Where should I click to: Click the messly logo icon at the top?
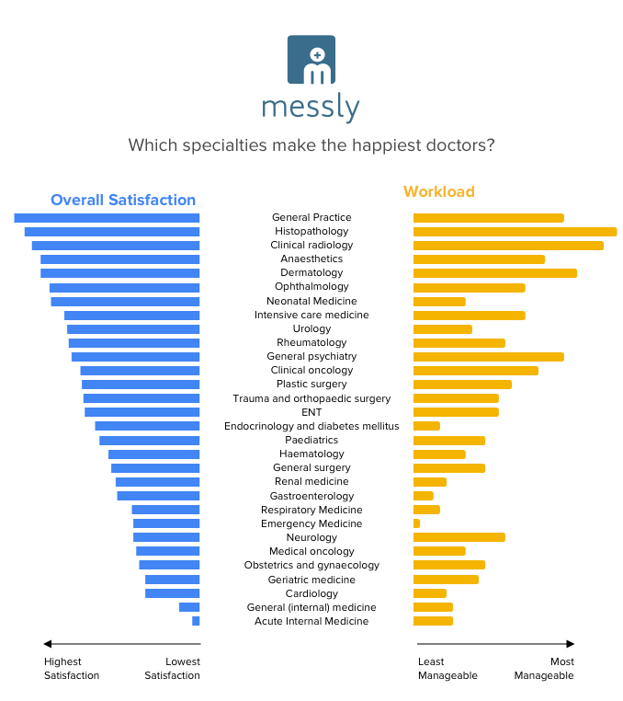point(311,61)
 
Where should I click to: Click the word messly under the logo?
point(311,109)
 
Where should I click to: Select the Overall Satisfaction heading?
point(123,200)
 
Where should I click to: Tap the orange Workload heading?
point(439,191)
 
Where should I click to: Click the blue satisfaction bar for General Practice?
point(107,218)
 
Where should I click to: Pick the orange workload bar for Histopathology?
point(515,232)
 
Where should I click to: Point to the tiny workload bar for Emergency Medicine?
point(416,523)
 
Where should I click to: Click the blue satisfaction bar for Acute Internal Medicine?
point(196,621)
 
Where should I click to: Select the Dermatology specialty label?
point(311,273)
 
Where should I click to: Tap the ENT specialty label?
point(311,412)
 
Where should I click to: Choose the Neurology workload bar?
point(459,537)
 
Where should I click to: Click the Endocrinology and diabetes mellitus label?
point(311,426)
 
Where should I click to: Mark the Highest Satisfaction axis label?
point(72,669)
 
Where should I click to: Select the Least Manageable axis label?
point(447,669)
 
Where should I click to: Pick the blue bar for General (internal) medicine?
point(189,607)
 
